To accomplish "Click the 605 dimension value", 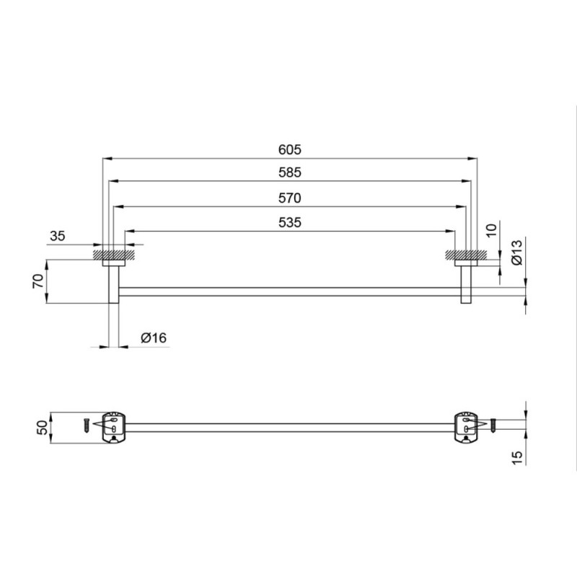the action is click(290, 150).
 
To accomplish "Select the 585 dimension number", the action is click(290, 172).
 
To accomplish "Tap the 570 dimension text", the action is click(290, 198).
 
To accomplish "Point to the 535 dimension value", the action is click(290, 222).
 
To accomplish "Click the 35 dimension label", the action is click(58, 236).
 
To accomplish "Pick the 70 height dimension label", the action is click(38, 281).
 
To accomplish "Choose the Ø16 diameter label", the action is click(154, 338).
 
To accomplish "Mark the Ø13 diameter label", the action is click(516, 252).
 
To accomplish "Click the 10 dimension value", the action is click(491, 229).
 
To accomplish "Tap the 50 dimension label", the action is click(43, 428).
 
